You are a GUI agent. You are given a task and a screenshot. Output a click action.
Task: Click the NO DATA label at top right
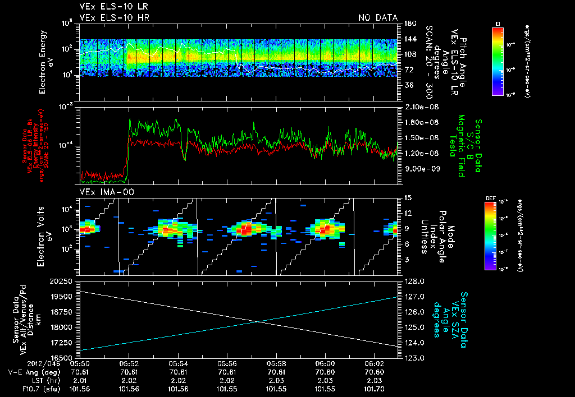[378, 18]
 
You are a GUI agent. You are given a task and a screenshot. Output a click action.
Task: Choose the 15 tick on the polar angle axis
[408, 197]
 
